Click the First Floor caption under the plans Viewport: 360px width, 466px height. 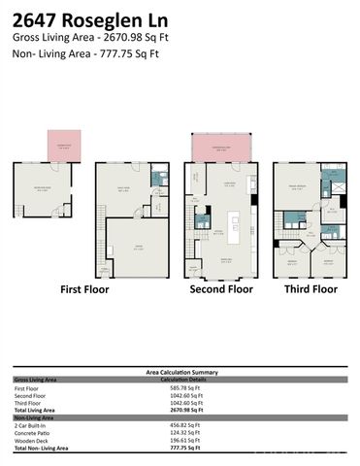click(x=84, y=289)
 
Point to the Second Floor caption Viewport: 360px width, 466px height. click(x=222, y=289)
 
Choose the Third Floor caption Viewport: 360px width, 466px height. click(x=311, y=289)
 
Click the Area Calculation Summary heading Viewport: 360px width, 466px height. click(x=180, y=371)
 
